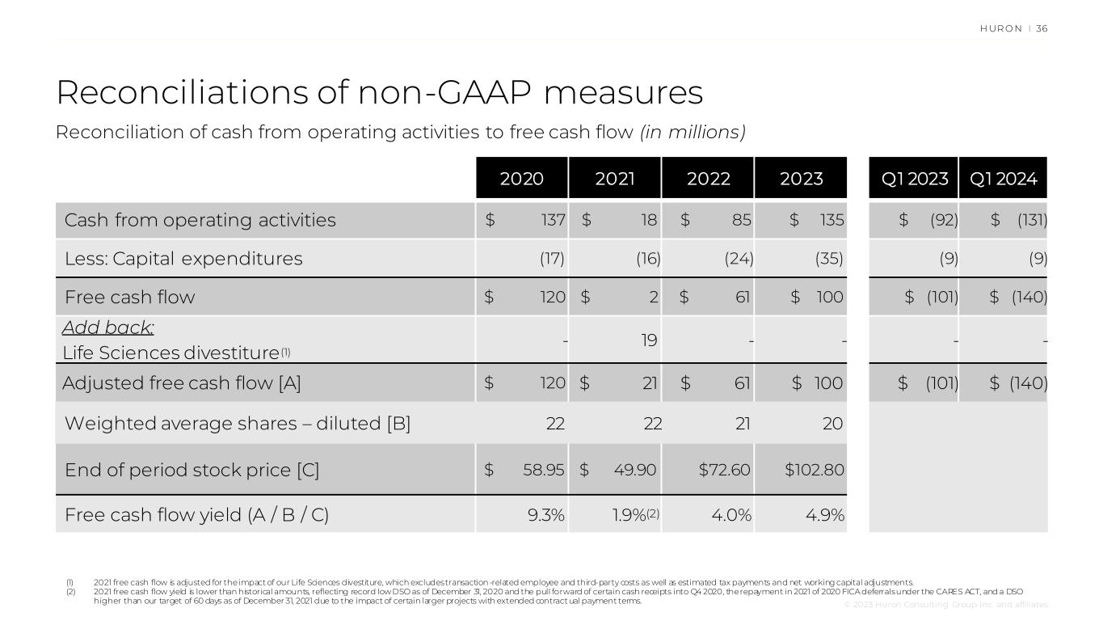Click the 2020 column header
click(x=522, y=179)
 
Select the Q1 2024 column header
click(x=1004, y=179)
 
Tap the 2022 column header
click(x=708, y=179)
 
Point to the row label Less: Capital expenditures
click(x=183, y=259)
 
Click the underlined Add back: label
click(x=108, y=327)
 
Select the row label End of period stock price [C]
click(x=192, y=471)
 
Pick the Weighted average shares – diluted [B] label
click(x=238, y=424)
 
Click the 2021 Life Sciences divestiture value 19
click(x=649, y=340)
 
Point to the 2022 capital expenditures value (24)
click(x=739, y=259)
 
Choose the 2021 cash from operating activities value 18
click(x=650, y=220)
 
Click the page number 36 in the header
click(x=1042, y=29)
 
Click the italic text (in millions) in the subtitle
click(x=693, y=133)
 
